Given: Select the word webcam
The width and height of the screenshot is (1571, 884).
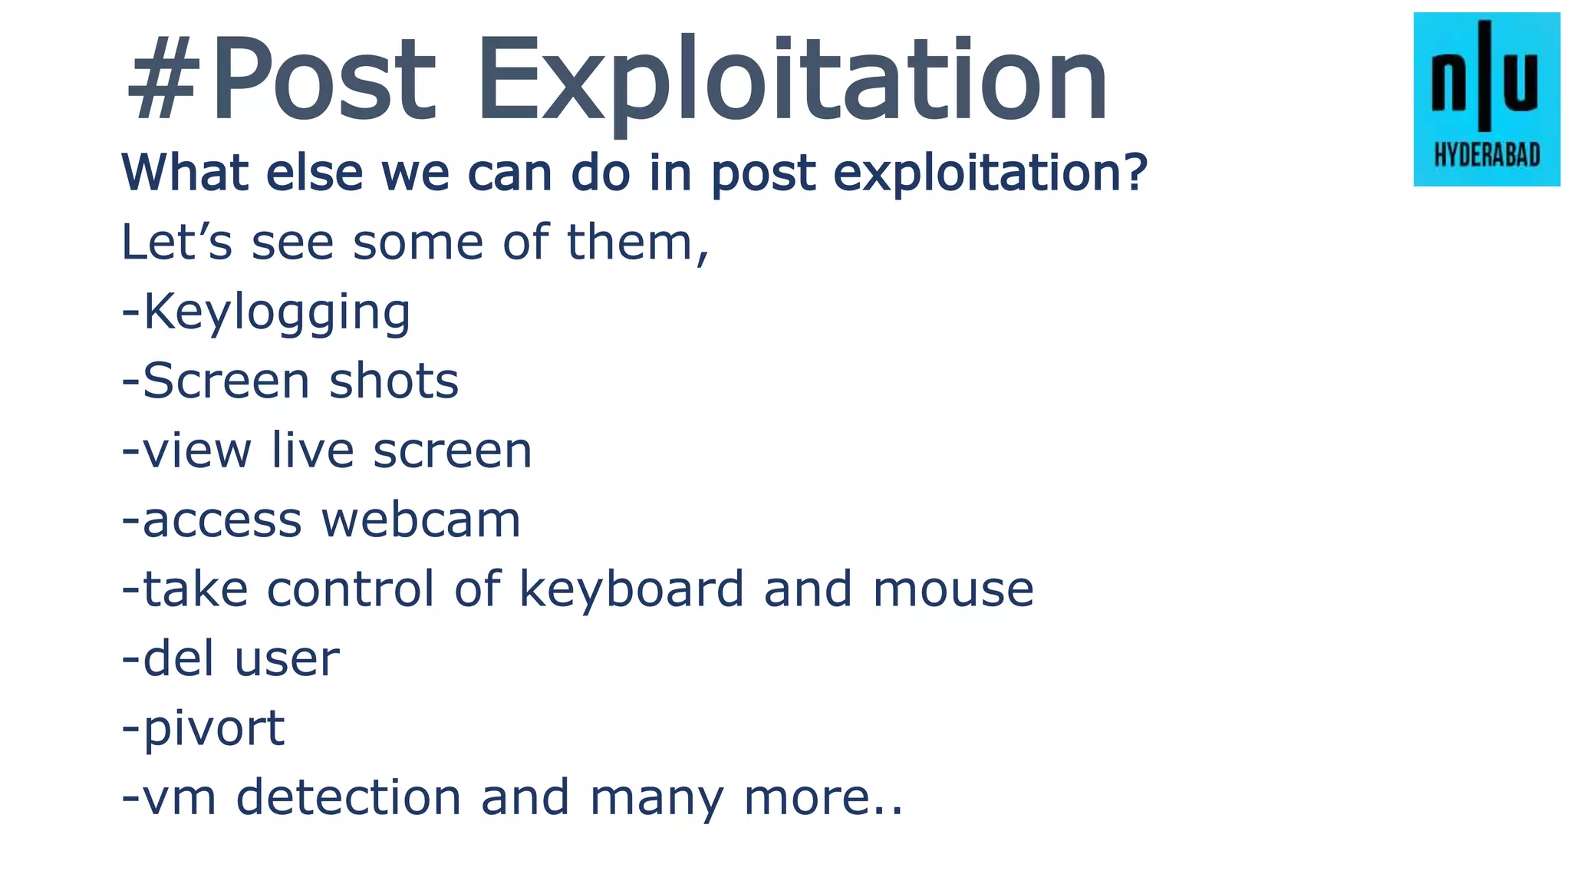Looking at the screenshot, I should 421,520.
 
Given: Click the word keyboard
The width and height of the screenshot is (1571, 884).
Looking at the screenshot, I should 631,589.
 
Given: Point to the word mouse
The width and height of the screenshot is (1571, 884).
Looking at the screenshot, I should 953,589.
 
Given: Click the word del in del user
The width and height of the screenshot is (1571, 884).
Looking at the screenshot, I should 178,658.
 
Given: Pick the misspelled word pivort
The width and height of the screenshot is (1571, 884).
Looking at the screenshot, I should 214,728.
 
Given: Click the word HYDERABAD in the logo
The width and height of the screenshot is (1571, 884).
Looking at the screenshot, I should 1487,156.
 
